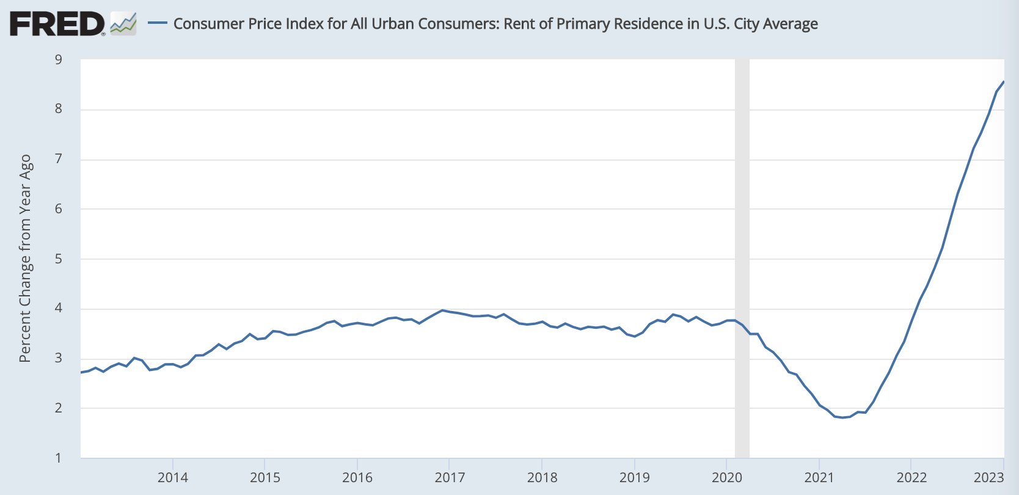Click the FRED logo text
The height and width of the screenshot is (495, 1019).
[x=57, y=24]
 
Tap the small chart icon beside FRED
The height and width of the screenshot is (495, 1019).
[x=123, y=24]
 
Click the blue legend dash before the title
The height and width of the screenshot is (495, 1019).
[x=158, y=24]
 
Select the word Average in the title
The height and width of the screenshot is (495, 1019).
[x=789, y=24]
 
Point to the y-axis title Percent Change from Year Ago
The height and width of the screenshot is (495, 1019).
[x=25, y=258]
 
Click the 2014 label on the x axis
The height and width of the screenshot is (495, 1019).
[x=173, y=478]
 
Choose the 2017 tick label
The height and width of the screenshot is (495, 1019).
[x=450, y=478]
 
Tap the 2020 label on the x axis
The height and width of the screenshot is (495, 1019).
[x=727, y=478]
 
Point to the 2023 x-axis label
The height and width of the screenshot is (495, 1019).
[x=988, y=478]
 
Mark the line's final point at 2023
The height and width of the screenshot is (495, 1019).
[x=1004, y=82]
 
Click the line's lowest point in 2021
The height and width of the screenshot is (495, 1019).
[x=842, y=417]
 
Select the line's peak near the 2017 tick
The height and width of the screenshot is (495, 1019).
[x=442, y=310]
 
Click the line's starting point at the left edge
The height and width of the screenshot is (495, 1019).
[x=81, y=372]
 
